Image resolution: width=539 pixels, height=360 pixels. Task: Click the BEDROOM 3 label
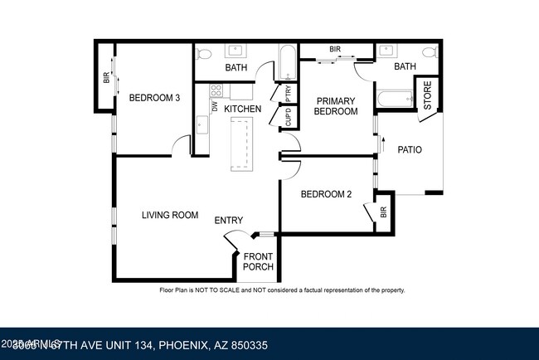pyautogui.click(x=154, y=98)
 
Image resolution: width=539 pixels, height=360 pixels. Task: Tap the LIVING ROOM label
pyautogui.click(x=170, y=215)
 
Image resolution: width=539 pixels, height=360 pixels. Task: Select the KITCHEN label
pyautogui.click(x=243, y=109)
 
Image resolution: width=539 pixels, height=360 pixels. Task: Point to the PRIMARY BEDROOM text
pyautogui.click(x=336, y=105)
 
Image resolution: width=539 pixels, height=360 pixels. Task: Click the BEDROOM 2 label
pyautogui.click(x=326, y=194)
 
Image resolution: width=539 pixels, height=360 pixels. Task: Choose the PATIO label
pyautogui.click(x=410, y=150)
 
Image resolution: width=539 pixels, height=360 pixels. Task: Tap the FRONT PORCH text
pyautogui.click(x=258, y=261)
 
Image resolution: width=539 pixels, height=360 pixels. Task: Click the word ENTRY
pyautogui.click(x=229, y=220)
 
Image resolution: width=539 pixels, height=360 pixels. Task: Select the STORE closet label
pyautogui.click(x=428, y=95)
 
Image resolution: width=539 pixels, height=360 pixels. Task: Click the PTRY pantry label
pyautogui.click(x=288, y=92)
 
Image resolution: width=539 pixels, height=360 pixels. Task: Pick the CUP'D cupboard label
pyautogui.click(x=288, y=118)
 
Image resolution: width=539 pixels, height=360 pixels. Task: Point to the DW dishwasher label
pyautogui.click(x=214, y=106)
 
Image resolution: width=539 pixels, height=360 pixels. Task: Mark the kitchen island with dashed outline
pyautogui.click(x=242, y=143)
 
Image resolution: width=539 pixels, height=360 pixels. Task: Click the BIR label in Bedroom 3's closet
pyautogui.click(x=106, y=78)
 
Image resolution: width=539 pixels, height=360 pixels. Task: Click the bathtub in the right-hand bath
pyautogui.click(x=393, y=100)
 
